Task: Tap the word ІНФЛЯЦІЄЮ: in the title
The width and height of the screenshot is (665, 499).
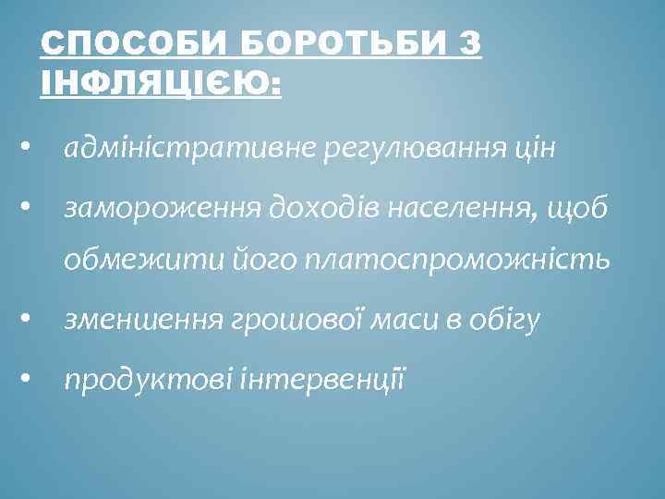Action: pos(159,84)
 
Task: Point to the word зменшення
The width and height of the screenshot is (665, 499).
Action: pos(143,321)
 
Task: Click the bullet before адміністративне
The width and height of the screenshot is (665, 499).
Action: pos(29,148)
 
